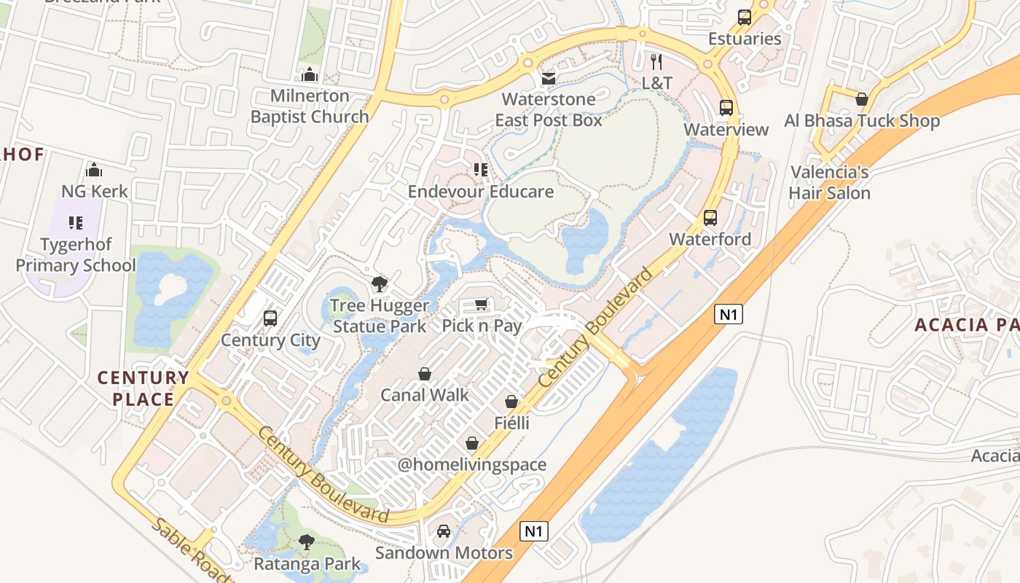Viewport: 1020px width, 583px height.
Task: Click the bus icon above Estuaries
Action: point(745,17)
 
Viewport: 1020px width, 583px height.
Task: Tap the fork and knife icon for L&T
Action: point(656,62)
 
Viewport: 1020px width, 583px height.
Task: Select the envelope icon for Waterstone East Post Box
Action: point(548,78)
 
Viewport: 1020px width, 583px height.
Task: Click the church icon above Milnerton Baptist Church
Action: point(310,74)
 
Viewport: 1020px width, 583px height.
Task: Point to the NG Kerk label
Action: point(94,192)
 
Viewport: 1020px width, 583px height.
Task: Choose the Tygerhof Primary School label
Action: point(76,255)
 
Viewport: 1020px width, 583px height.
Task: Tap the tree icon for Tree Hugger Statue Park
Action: point(379,284)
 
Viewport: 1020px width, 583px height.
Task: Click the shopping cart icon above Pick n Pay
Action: point(481,304)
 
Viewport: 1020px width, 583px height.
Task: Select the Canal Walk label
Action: point(425,395)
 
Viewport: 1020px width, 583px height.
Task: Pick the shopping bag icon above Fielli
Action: point(511,402)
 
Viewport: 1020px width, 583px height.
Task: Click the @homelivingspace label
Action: point(471,465)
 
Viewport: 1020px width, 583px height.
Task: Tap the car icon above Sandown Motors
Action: point(444,531)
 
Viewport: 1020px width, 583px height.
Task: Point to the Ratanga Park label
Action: point(307,563)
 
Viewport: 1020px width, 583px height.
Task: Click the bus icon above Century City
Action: point(270,318)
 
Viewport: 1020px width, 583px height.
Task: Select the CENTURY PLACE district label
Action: point(143,388)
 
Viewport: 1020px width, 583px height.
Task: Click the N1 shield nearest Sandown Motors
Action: point(534,531)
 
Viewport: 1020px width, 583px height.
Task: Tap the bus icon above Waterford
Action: point(710,217)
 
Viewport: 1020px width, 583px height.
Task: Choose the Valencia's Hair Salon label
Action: point(829,183)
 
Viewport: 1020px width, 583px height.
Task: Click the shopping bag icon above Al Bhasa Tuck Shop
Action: point(862,99)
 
